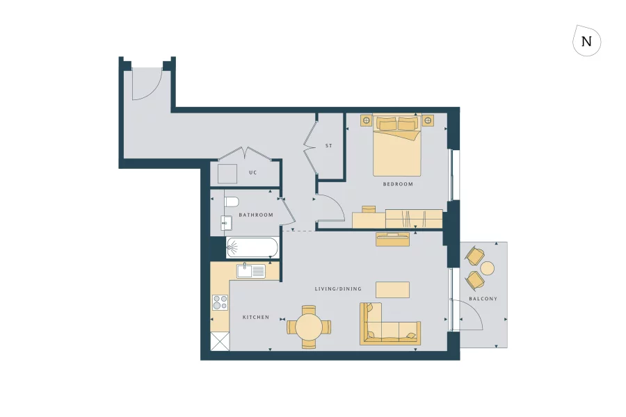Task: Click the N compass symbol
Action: [x=586, y=41]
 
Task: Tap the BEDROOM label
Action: [x=398, y=184]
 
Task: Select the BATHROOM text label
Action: [x=256, y=215]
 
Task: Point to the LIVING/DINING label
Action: [x=334, y=288]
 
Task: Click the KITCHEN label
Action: [x=255, y=317]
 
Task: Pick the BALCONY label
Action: [x=483, y=299]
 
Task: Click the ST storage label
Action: [x=329, y=146]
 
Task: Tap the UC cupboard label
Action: [x=253, y=172]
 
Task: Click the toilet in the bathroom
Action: [x=232, y=202]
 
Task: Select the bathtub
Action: [x=252, y=247]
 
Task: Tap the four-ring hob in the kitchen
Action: [x=220, y=302]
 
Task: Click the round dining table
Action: [x=309, y=325]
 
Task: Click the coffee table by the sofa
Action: [x=392, y=289]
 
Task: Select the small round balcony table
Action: [x=488, y=268]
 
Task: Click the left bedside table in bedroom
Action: [x=366, y=121]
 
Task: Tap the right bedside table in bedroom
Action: [x=427, y=121]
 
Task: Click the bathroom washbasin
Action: [x=225, y=223]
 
